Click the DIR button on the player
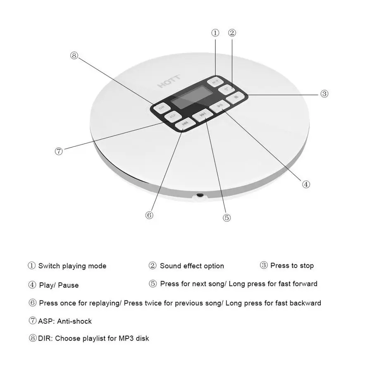pos(161,107)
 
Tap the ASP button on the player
pos(173,116)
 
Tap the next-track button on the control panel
pos(202,115)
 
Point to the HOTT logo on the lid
pos(166,84)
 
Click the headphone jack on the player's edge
pos(200,195)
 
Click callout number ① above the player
pos(215,33)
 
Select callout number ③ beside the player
pos(324,94)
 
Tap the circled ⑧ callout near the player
pos(74,56)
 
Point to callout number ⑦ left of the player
pos(59,151)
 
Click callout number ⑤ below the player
pos(227,218)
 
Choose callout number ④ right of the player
pos(306,184)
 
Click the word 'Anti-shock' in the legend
pos(74,321)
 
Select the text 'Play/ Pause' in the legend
pos(59,285)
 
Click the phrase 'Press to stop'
pos(292,266)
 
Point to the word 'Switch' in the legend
pos(49,266)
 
